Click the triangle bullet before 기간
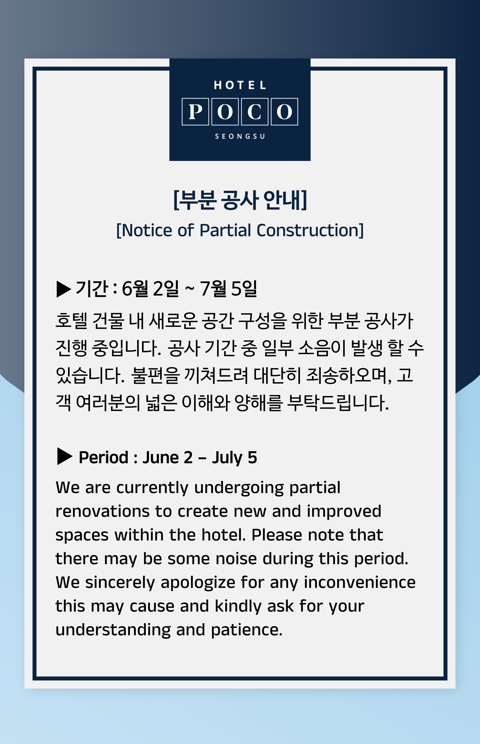tap(64, 289)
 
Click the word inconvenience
tap(360, 582)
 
